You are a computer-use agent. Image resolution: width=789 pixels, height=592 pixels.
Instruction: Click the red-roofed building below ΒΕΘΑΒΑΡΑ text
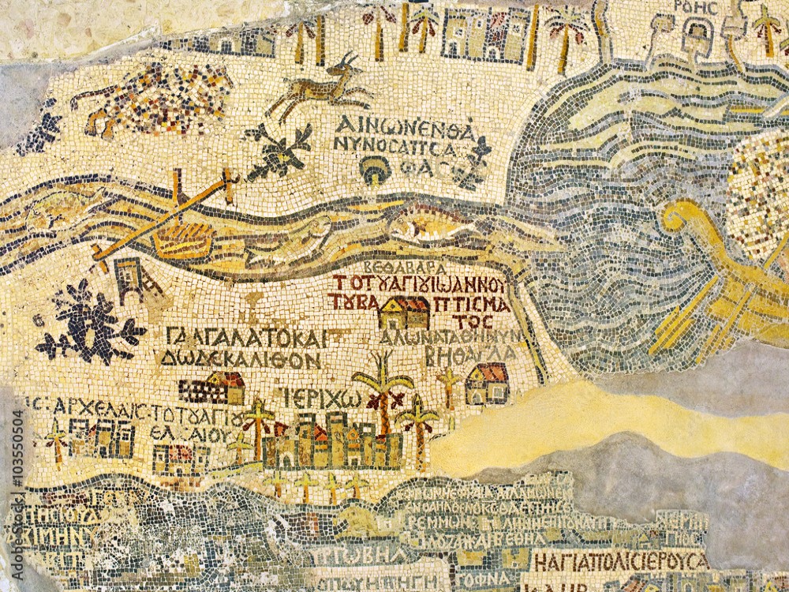point(404,313)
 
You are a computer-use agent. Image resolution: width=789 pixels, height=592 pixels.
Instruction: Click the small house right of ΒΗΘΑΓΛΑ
point(487,383)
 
